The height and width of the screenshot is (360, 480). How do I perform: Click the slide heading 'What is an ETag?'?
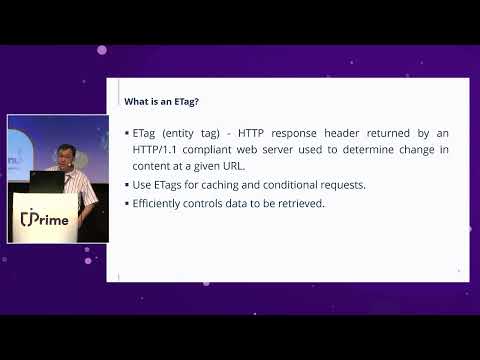point(159,101)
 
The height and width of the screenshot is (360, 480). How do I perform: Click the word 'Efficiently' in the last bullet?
point(166,203)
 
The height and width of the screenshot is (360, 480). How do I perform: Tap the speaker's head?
point(67,153)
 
